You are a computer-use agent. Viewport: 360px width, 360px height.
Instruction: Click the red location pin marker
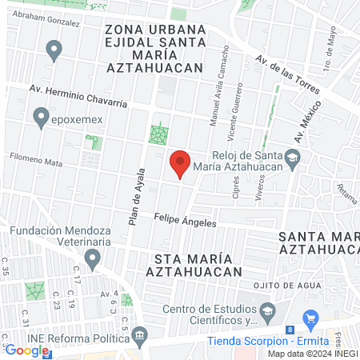tap(180, 164)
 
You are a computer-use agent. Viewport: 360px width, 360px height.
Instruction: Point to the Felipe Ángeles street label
tap(185, 219)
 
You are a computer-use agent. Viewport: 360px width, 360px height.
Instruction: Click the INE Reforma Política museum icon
tap(140, 334)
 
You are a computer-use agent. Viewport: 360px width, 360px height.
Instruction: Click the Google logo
tap(26, 350)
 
